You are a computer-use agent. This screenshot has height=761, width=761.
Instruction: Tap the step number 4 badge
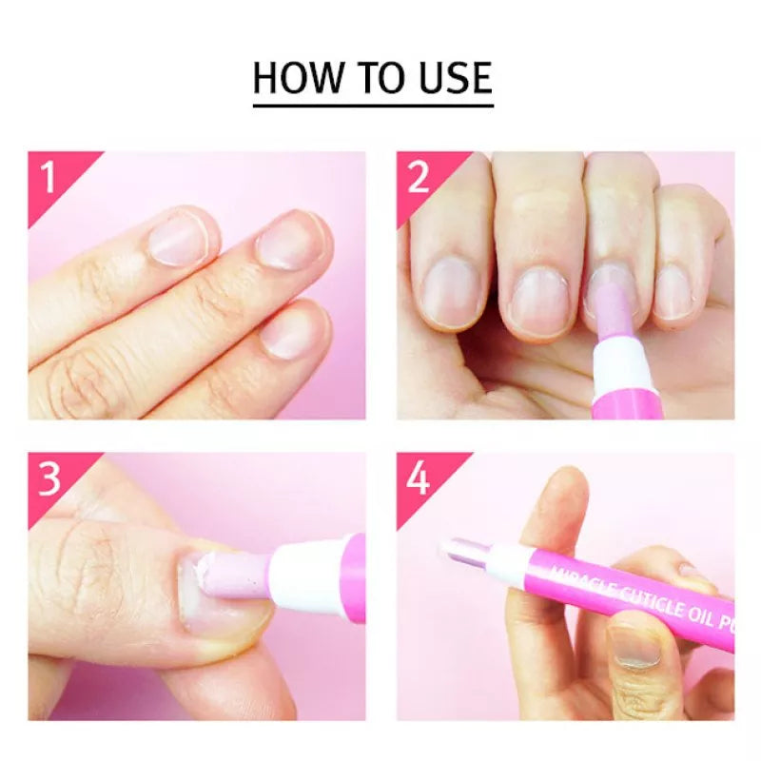point(419,478)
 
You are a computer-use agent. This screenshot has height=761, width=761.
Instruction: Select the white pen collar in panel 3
point(304,575)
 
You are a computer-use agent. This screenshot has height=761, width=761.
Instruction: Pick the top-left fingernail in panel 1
point(178,238)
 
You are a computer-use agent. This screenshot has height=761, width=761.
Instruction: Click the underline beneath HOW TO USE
point(373,104)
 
